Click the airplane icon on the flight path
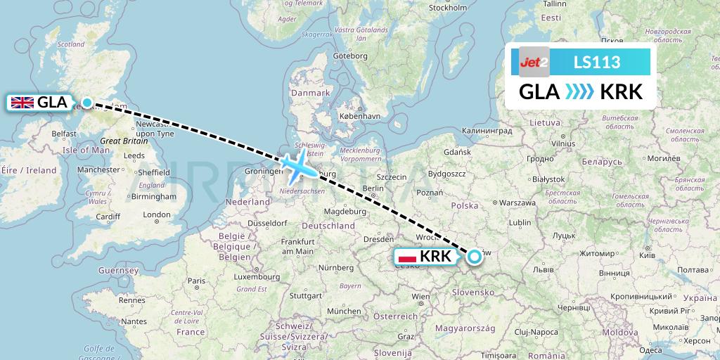[x=300, y=166]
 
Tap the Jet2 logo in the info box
[x=534, y=63]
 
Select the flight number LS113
[x=597, y=63]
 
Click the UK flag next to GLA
[x=22, y=103]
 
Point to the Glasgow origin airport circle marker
[x=86, y=103]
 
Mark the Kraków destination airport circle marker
[x=474, y=257]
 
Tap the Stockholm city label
[x=447, y=8]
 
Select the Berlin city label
[x=373, y=188]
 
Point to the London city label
[x=156, y=214]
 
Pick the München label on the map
[x=343, y=311]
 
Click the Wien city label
[x=420, y=297]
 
